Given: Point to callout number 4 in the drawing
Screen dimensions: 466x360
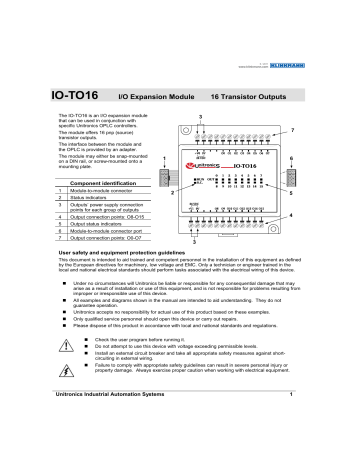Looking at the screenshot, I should click(x=318, y=215).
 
